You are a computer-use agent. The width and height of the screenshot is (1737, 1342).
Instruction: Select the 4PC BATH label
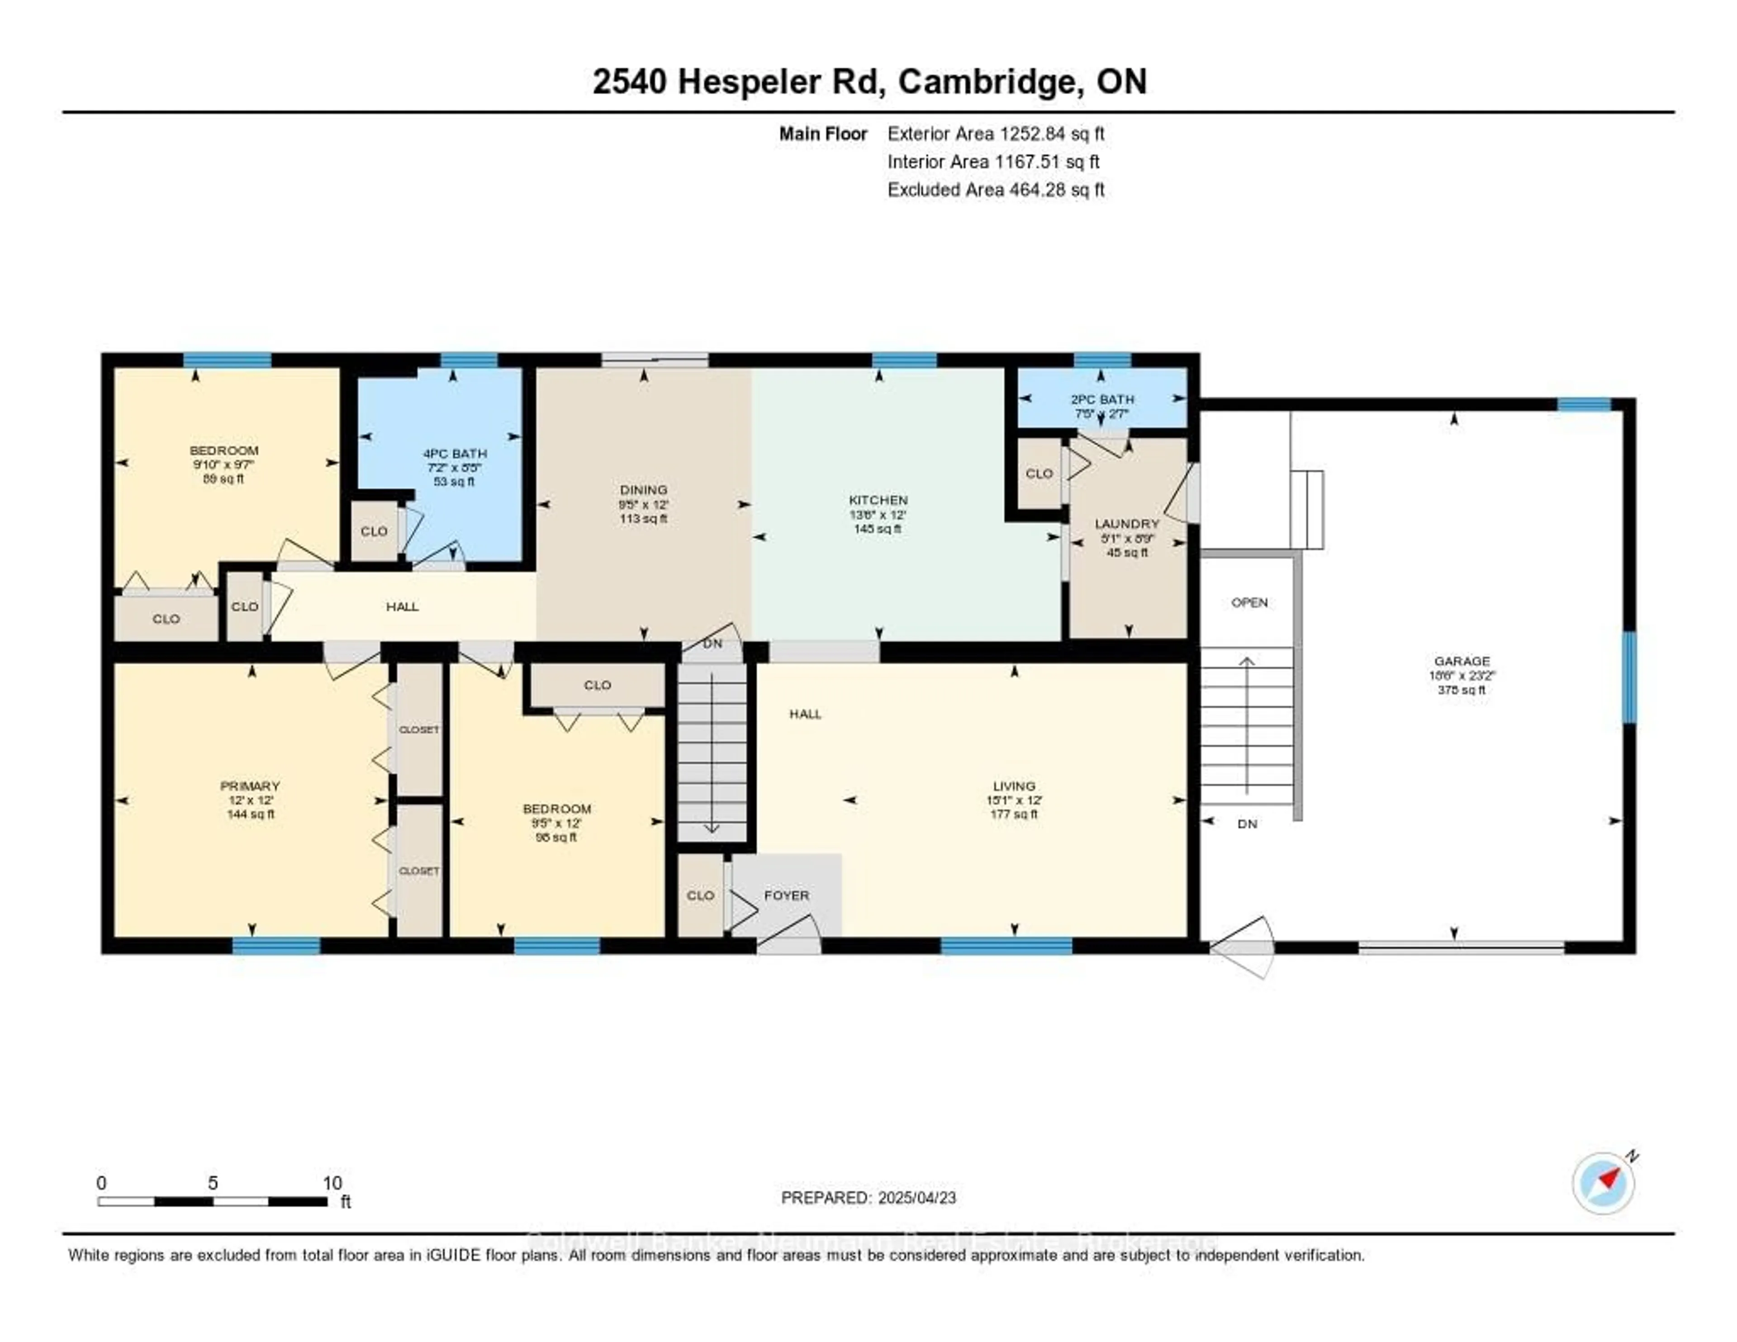coord(454,453)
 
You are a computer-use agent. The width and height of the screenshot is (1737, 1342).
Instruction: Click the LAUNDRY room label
coord(1127,523)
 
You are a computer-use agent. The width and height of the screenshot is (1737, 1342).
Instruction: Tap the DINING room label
coord(643,490)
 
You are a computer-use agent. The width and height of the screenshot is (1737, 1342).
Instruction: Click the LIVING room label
coord(1014,786)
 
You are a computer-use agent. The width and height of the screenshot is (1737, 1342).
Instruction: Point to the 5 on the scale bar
coord(212,1183)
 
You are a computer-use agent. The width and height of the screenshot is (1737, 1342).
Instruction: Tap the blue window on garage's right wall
coord(1629,677)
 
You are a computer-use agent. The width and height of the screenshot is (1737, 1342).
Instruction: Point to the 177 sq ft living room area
coord(1014,814)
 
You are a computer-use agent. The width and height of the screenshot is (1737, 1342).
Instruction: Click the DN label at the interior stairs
coord(712,643)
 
